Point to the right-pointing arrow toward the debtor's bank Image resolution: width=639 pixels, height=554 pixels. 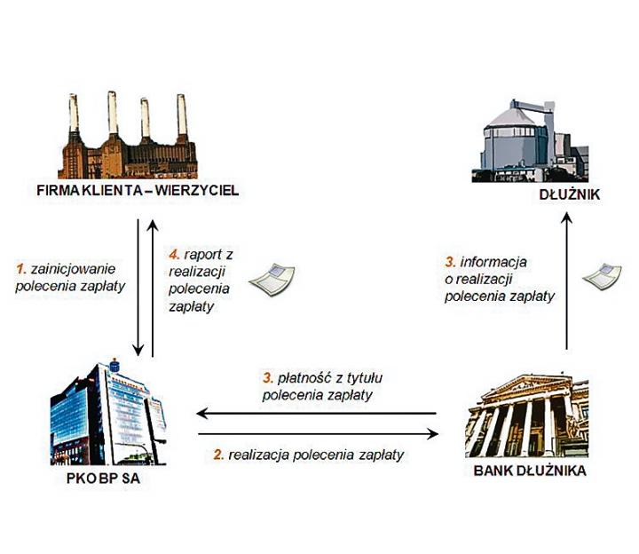coord(319,434)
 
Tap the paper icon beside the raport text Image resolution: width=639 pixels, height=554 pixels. coord(271,279)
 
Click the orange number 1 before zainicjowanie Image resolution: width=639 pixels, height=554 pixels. coord(20,265)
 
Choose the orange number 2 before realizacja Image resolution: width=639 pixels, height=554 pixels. coord(217,455)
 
